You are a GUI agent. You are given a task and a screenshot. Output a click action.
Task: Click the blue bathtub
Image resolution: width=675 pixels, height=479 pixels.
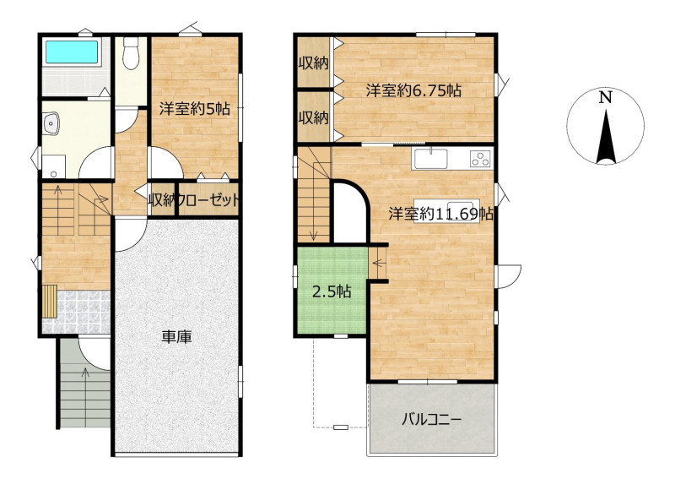tap(72, 52)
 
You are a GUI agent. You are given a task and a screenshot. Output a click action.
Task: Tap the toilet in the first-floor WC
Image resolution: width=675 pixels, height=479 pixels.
tap(131, 53)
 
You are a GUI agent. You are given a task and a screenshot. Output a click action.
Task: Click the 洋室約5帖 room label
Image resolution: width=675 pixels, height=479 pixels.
tap(195, 109)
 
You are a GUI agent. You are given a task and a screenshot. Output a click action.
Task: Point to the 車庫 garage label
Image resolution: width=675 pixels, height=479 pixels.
tap(176, 337)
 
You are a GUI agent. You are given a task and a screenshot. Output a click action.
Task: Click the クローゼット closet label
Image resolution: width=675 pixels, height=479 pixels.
tap(208, 200)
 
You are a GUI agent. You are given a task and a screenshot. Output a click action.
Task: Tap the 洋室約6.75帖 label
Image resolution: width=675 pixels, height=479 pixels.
tap(413, 90)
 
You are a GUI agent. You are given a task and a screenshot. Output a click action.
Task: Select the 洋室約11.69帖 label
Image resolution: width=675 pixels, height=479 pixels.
tap(440, 214)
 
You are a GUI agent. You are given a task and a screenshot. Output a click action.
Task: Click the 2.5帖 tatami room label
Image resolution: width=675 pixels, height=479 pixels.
tap(332, 292)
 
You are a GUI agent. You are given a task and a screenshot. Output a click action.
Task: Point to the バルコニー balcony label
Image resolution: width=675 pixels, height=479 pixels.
tap(432, 419)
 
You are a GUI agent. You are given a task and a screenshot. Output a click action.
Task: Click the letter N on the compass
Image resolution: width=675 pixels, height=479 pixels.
tap(606, 98)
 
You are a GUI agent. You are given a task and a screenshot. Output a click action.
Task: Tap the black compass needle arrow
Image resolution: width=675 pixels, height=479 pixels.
tap(606, 137)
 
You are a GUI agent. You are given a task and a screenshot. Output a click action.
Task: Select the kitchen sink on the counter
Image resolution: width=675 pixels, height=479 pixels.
tap(431, 159)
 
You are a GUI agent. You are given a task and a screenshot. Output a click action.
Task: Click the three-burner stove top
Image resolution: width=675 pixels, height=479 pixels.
tap(481, 158)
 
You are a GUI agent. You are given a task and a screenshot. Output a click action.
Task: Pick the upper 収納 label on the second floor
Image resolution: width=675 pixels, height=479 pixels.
tap(314, 63)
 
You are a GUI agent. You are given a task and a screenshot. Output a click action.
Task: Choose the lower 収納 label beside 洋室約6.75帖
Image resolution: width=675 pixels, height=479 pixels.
tap(314, 117)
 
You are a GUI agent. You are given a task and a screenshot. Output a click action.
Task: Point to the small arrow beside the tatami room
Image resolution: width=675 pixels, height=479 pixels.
tap(378, 262)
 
